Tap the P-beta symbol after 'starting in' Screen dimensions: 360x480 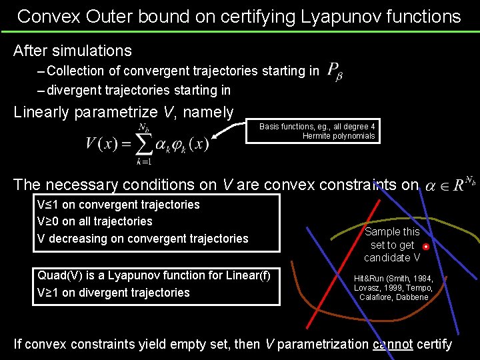coord(335,71)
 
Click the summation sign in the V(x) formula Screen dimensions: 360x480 coord(143,143)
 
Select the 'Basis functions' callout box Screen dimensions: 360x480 coord(317,131)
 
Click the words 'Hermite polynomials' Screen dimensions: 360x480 coord(339,136)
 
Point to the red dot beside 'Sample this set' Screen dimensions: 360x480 coord(426,247)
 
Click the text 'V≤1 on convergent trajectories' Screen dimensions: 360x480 coord(119,205)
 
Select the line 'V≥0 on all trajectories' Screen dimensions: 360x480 coord(95,221)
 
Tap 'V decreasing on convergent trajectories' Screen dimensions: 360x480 coord(143,239)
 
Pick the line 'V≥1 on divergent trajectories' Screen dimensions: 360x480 coord(113,293)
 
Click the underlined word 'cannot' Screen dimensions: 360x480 coord(393,344)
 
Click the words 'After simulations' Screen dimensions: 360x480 coord(73,50)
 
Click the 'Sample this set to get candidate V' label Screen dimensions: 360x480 coord(392,245)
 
